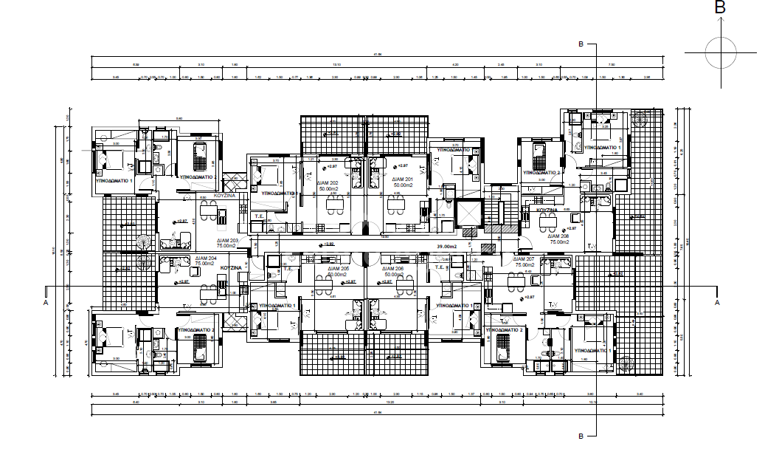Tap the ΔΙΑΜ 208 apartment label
(x=558, y=236)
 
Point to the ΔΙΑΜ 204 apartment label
(x=206, y=258)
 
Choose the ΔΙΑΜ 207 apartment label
(x=525, y=259)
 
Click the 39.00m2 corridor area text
(x=448, y=246)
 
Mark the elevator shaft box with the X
(x=468, y=213)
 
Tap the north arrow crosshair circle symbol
(x=721, y=52)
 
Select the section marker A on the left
(x=46, y=303)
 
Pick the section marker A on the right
(x=716, y=303)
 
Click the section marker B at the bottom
(x=581, y=436)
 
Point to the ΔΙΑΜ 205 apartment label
(x=337, y=269)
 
